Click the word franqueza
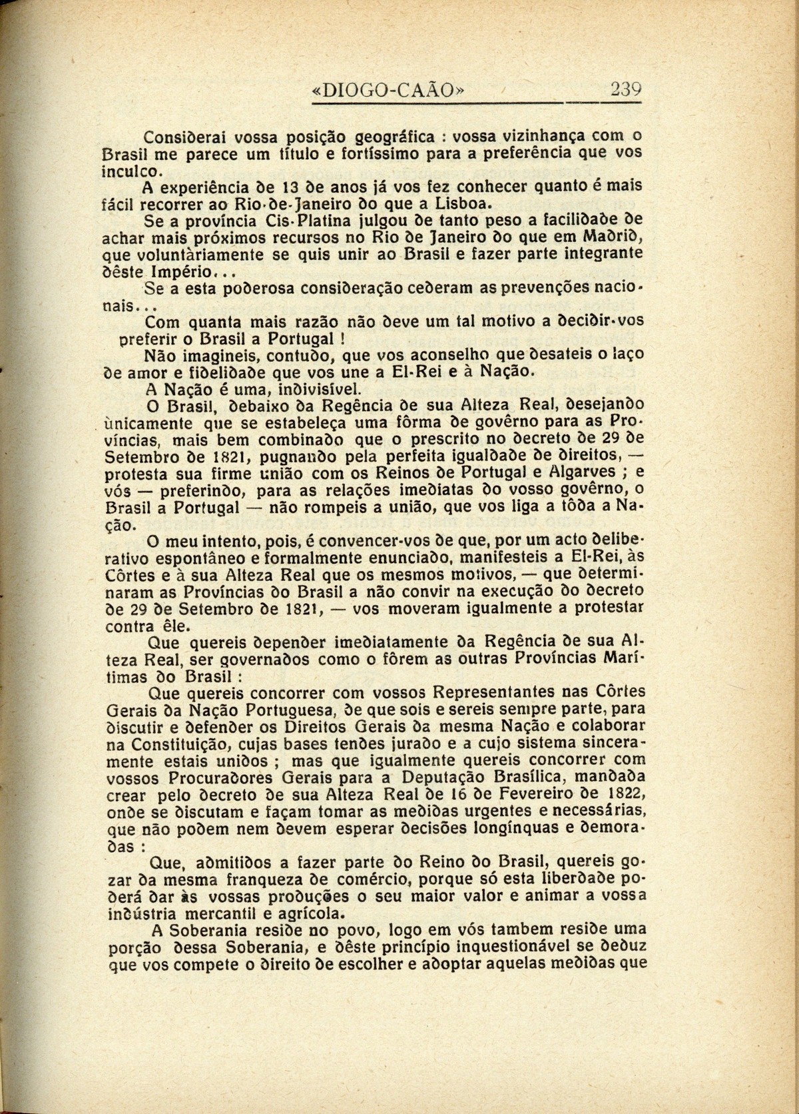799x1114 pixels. tap(250, 878)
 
